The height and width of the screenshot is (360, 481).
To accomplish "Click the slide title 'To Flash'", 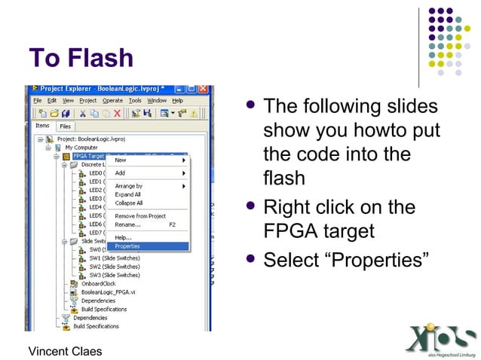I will [81, 58].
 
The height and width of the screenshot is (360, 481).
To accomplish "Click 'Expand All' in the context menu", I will [128, 194].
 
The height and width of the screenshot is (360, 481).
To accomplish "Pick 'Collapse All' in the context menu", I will [129, 203].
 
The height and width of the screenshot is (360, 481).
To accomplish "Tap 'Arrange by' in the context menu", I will [128, 186].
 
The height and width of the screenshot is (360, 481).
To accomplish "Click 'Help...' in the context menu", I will [123, 238].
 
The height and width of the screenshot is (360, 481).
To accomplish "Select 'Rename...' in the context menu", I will [127, 224].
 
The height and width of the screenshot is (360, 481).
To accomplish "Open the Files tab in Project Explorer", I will [66, 127].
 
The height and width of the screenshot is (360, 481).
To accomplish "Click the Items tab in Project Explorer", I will [43, 127].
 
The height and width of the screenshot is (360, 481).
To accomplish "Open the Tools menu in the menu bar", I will [135, 100].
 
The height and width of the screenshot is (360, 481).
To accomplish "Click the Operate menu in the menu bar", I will [112, 100].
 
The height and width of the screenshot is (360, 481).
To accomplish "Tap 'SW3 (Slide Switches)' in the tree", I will [114, 275].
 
